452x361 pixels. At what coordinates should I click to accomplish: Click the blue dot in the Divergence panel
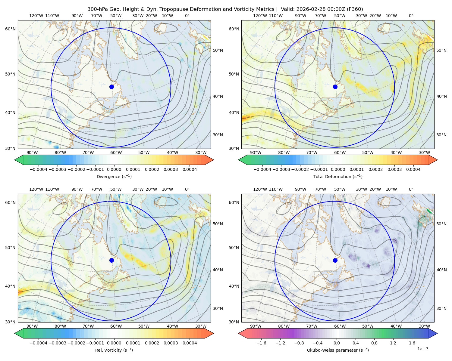click(x=111, y=87)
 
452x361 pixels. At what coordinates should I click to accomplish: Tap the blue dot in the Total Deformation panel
click(x=335, y=87)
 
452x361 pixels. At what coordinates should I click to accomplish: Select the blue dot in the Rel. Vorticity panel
click(x=111, y=260)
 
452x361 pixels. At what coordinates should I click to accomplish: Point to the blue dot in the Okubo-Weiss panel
click(x=335, y=260)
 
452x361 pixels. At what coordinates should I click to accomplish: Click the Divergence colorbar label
click(x=114, y=176)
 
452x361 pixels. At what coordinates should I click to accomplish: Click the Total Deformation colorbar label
click(x=338, y=176)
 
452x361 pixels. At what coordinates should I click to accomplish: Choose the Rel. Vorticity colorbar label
click(x=114, y=350)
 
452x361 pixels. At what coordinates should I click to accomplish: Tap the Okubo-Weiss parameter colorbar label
click(x=338, y=350)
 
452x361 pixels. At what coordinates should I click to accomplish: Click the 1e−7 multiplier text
click(x=422, y=349)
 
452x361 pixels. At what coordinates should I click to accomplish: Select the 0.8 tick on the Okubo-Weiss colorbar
click(x=374, y=343)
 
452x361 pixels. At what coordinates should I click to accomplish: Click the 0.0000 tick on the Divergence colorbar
click(x=114, y=169)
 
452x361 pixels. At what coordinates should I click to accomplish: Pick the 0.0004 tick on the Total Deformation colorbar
click(x=413, y=169)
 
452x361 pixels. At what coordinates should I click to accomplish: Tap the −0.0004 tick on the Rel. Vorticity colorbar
click(x=39, y=343)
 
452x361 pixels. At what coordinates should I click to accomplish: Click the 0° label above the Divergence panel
click(x=187, y=16)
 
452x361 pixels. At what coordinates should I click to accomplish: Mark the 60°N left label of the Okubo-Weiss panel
click(x=234, y=202)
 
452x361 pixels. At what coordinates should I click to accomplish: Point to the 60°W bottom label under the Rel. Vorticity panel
click(x=116, y=326)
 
